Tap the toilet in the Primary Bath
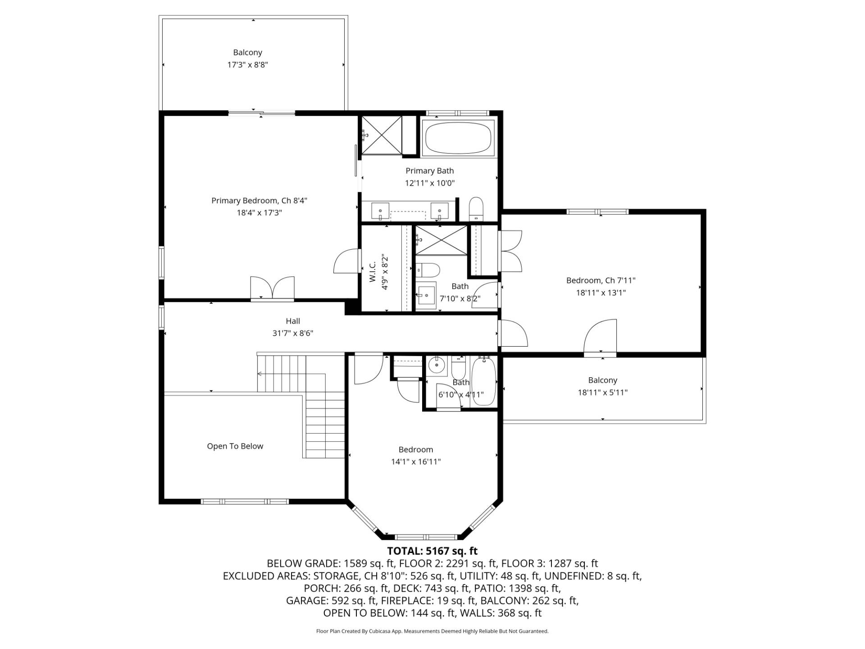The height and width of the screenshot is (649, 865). (476, 208)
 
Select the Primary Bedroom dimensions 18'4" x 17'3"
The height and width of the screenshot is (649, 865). (259, 213)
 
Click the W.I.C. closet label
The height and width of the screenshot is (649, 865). (373, 272)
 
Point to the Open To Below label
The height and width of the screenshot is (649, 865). (235, 446)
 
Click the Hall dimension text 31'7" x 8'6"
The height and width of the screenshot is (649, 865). (293, 334)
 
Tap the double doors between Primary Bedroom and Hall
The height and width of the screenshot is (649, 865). (272, 288)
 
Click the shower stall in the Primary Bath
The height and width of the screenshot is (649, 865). (382, 135)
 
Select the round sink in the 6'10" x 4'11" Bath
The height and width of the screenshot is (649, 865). (436, 366)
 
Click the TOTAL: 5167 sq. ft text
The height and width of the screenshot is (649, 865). (432, 551)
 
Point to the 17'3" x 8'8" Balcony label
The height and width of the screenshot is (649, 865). (247, 59)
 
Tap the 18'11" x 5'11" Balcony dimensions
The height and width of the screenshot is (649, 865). (602, 393)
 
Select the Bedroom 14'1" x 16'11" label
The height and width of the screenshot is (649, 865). (415, 450)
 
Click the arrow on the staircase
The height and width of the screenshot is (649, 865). (259, 374)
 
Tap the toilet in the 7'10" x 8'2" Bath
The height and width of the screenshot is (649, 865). (427, 270)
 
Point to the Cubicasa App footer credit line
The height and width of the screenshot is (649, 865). (432, 631)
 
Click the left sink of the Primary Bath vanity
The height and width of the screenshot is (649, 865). (380, 210)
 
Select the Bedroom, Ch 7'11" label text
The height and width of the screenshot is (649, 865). (601, 280)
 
